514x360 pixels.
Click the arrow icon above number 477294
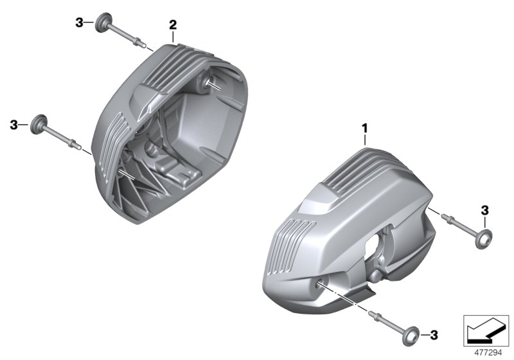[484, 330]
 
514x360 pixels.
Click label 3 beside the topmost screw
[79, 23]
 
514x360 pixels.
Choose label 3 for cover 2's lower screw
[14, 123]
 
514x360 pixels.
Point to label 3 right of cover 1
[484, 210]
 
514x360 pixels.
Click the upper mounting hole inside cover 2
[211, 82]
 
